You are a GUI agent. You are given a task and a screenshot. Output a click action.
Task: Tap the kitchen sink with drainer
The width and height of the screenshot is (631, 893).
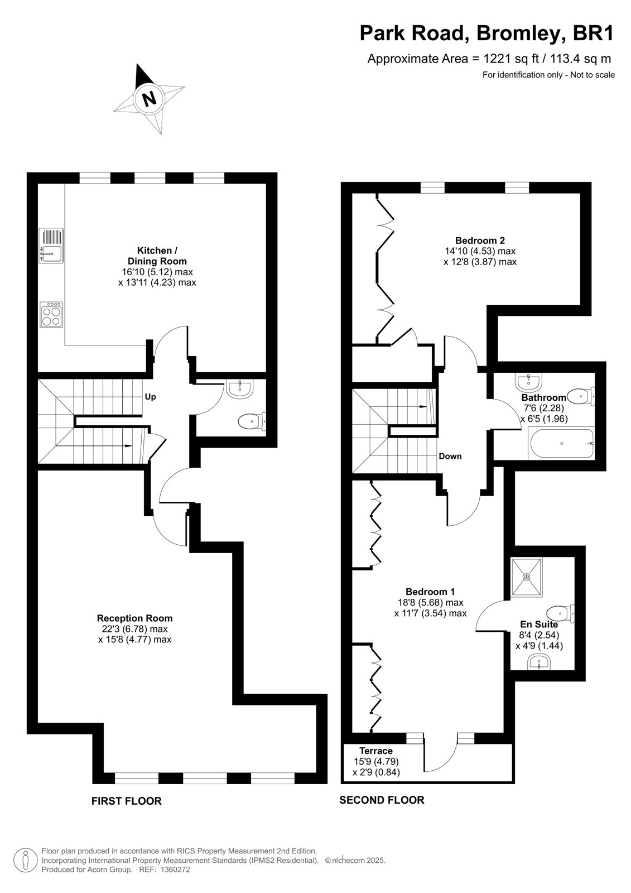[51, 246]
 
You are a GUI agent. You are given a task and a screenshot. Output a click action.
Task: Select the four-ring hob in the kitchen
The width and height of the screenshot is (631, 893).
[51, 315]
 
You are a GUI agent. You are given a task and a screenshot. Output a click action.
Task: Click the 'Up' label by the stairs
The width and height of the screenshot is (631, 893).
[150, 397]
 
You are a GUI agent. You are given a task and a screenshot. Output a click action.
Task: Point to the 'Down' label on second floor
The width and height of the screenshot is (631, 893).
[450, 456]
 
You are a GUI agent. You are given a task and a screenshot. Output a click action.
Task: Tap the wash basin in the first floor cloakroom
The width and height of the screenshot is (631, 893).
[239, 388]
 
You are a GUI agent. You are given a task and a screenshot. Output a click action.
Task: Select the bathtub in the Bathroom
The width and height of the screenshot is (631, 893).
[561, 443]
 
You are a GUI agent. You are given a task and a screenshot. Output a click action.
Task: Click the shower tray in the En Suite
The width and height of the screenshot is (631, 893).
[527, 577]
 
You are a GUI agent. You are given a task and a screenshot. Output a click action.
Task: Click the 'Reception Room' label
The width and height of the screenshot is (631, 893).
[134, 618]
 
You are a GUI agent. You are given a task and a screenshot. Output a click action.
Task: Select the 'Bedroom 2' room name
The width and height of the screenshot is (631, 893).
[480, 241]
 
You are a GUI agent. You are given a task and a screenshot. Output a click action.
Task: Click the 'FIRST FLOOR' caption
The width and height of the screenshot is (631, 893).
[126, 798]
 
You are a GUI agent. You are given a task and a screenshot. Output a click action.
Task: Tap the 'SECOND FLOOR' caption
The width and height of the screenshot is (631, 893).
[382, 796]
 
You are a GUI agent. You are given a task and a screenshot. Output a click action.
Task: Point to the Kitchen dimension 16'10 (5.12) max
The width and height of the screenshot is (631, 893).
[157, 272]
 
